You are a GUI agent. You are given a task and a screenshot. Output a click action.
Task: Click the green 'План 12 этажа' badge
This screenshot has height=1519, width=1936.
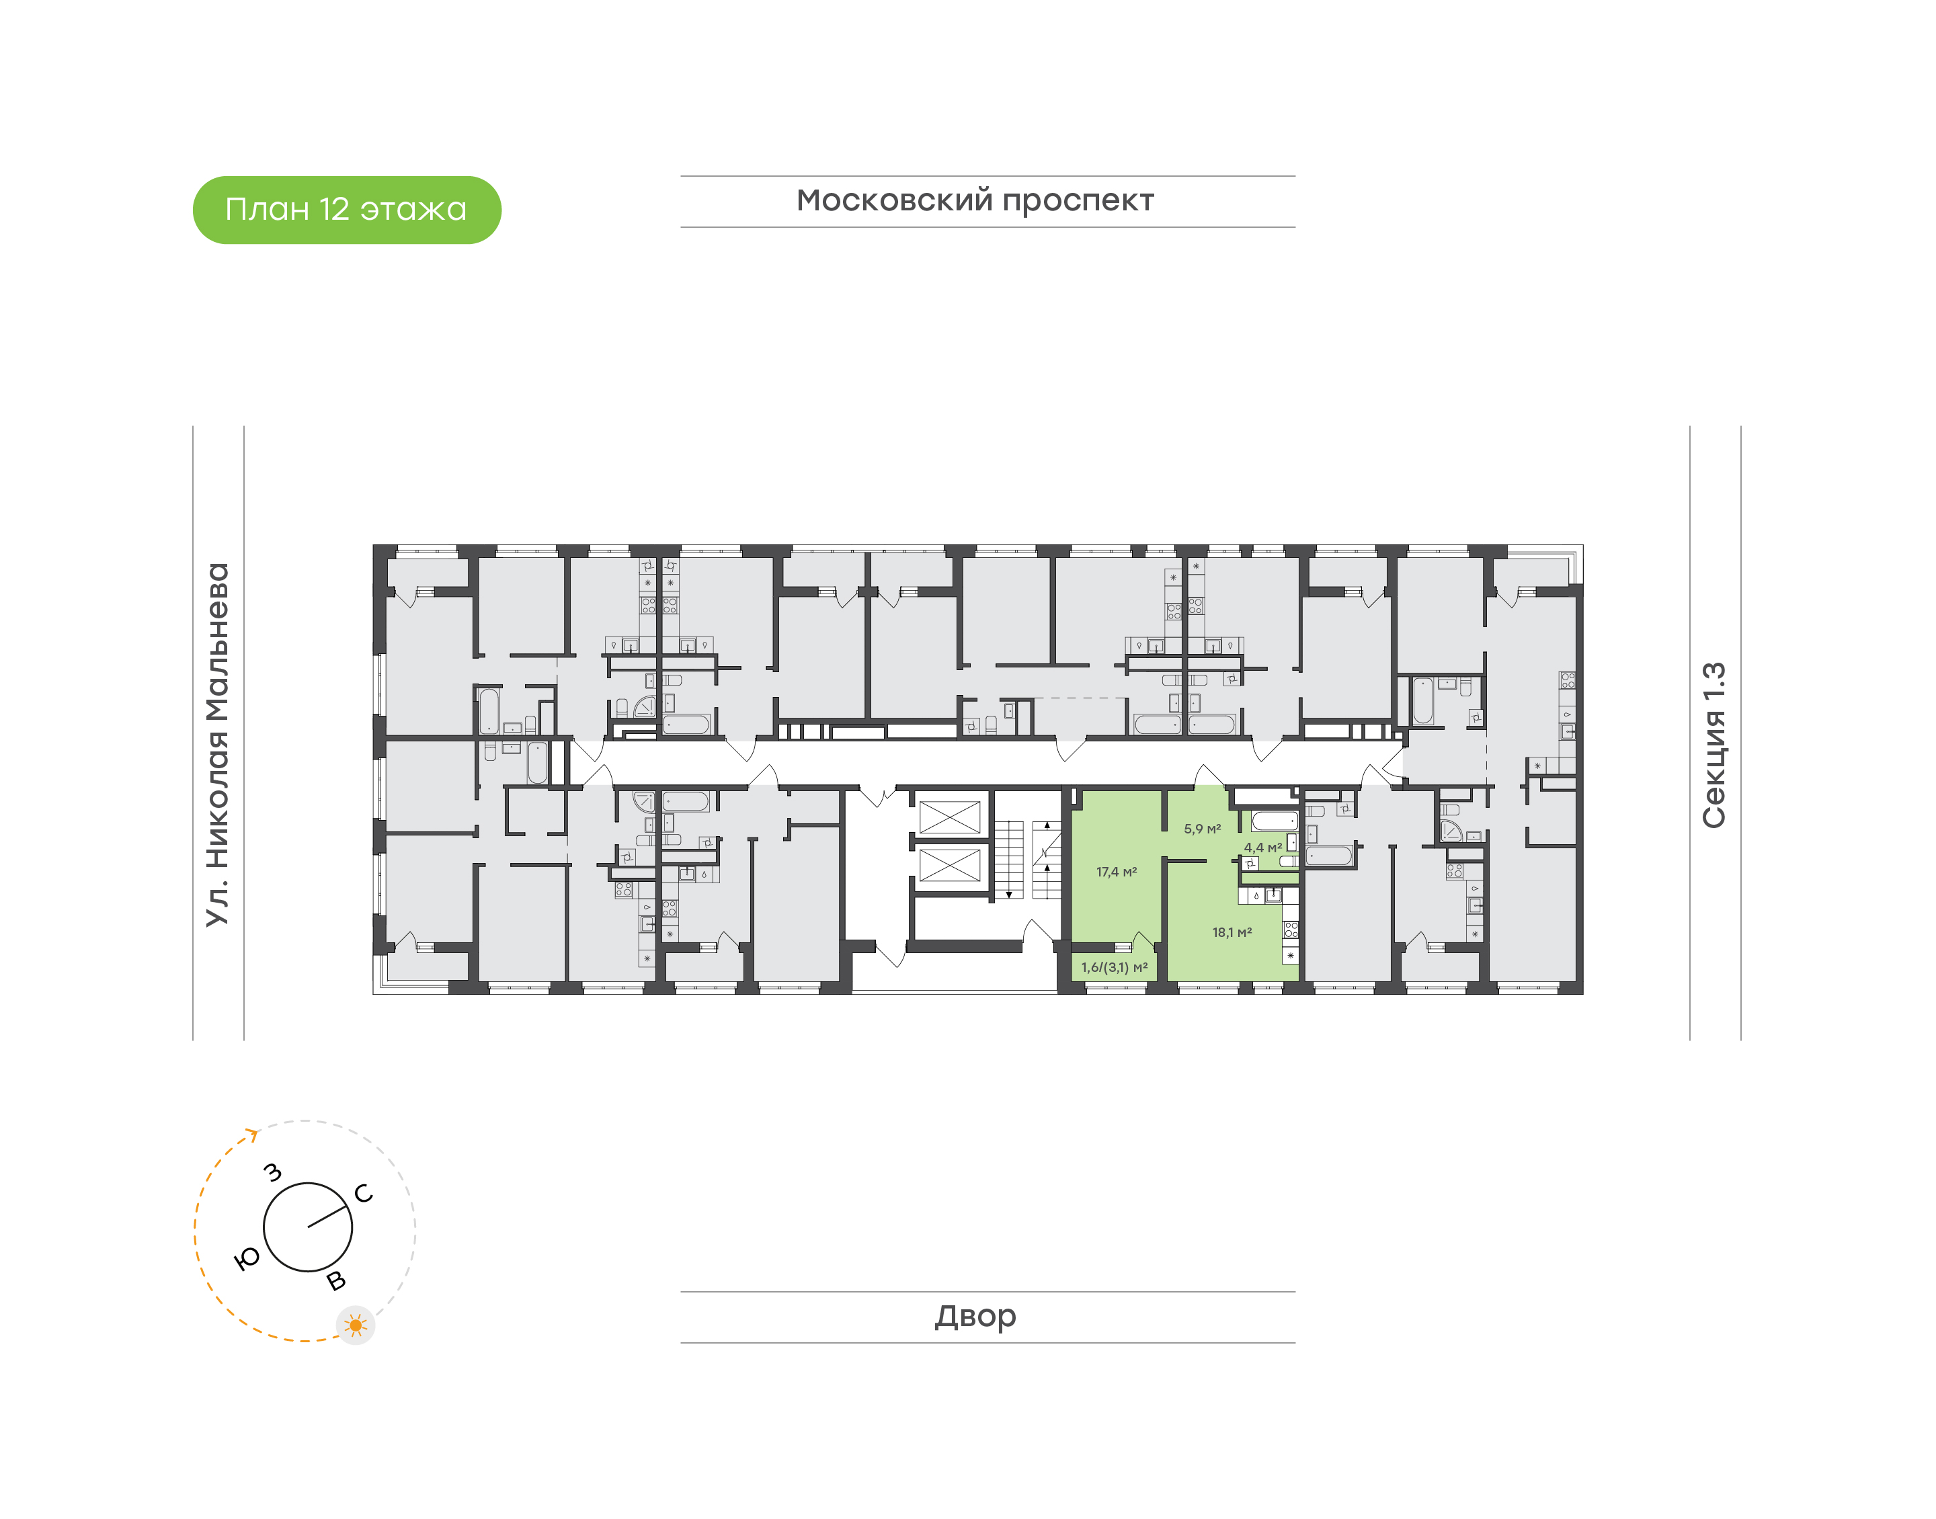[x=347, y=210]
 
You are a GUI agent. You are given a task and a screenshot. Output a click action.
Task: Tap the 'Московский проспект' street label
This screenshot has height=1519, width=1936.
[x=975, y=201]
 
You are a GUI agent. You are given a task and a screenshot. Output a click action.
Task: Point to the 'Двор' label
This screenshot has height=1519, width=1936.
[x=975, y=1316]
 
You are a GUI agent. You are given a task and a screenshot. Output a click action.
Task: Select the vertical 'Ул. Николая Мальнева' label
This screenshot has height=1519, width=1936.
[x=218, y=745]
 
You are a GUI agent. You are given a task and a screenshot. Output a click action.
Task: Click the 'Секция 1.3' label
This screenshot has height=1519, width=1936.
[x=1713, y=745]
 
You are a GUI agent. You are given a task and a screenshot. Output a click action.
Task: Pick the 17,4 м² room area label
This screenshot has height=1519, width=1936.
[x=1116, y=872]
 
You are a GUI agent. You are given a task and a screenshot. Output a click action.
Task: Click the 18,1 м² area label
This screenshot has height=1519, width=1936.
[x=1232, y=932]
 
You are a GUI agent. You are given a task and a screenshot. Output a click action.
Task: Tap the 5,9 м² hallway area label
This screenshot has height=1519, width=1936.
[x=1203, y=829]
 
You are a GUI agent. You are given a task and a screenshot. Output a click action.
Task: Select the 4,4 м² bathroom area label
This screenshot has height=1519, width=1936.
[x=1263, y=848]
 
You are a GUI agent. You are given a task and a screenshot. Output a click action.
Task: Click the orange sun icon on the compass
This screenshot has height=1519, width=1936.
[x=356, y=1325]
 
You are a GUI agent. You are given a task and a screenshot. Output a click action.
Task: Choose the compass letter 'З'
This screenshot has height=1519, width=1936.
[x=273, y=1173]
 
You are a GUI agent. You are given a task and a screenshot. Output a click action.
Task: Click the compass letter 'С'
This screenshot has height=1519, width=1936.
[x=363, y=1194]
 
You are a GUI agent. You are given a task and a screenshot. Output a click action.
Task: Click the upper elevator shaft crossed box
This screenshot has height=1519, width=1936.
[x=949, y=817]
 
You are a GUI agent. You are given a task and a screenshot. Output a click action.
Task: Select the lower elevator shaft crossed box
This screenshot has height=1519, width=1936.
[x=949, y=864]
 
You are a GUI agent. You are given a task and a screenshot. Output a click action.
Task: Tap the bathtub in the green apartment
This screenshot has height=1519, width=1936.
[x=1275, y=821]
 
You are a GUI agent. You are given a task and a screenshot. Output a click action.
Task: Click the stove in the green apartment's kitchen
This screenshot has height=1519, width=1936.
[x=1291, y=930]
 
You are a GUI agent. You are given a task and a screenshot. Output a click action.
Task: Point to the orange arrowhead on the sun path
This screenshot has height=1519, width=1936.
[x=253, y=1134]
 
